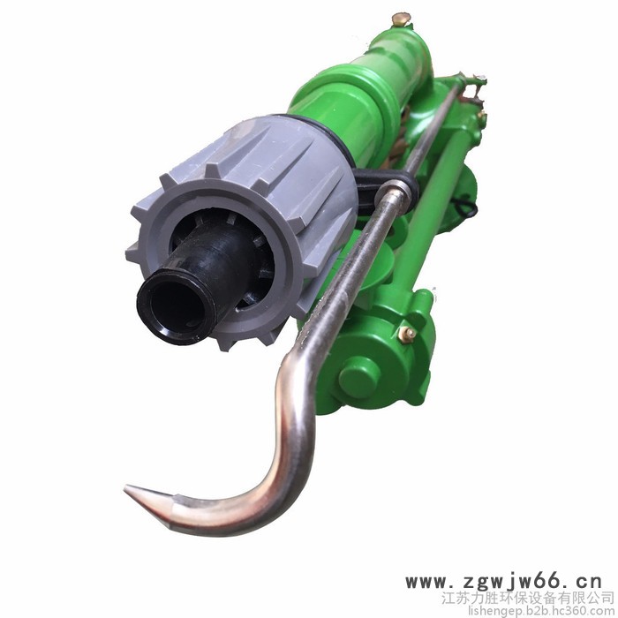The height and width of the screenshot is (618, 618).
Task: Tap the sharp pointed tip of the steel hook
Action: tap(126, 489)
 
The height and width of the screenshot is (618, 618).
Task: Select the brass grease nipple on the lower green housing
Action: tap(407, 335)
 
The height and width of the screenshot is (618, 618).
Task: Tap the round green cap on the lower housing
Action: tap(358, 378)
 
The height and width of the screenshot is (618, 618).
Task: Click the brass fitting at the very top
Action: tap(401, 19)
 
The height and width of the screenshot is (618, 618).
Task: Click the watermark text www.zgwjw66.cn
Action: tap(504, 581)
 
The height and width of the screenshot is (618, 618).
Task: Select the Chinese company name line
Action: tap(527, 598)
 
